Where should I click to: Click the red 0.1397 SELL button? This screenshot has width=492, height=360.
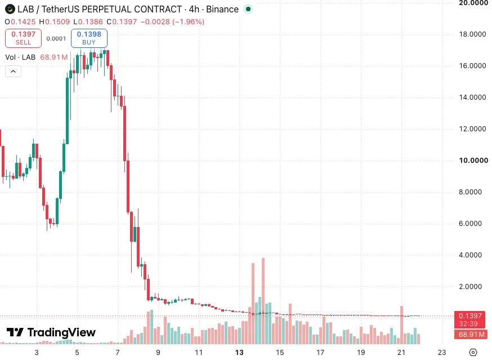[23, 38]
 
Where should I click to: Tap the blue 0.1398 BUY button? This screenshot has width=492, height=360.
[89, 38]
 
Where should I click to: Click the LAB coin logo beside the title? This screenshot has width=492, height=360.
[10, 9]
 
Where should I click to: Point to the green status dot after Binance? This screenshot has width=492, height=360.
[248, 9]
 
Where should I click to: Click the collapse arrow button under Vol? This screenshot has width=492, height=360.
[13, 72]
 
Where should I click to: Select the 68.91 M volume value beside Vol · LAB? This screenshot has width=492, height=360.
[54, 57]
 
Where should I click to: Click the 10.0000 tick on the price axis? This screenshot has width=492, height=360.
[473, 161]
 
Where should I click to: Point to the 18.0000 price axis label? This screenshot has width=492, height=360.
[472, 34]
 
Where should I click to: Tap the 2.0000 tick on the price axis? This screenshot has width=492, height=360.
[470, 287]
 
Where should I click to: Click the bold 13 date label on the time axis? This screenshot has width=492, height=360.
[239, 353]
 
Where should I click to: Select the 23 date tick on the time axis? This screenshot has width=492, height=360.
[442, 353]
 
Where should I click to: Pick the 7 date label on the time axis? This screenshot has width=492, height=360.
[118, 353]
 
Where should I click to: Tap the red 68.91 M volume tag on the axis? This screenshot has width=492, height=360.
[471, 334]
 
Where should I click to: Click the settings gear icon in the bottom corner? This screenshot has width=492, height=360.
[473, 353]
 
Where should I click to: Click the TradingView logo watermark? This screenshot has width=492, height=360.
[51, 332]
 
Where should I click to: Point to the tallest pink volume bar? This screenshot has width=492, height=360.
[263, 301]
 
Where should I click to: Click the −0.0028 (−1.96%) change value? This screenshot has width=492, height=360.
[173, 21]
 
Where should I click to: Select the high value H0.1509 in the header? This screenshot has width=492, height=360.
[54, 21]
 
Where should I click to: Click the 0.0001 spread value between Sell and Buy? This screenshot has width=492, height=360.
[56, 39]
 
